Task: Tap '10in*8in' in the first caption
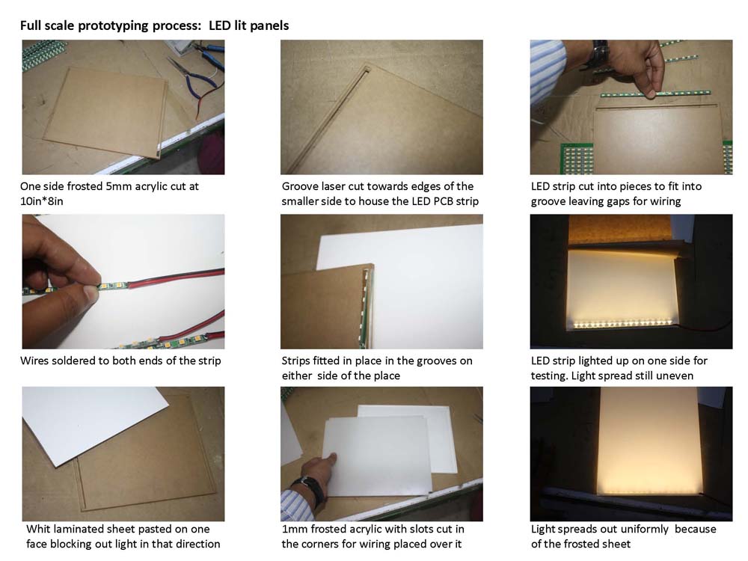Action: coord(41,201)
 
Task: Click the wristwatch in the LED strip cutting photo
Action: coord(600,55)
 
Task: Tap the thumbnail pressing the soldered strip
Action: coord(91,293)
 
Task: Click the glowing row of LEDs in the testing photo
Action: coord(622,323)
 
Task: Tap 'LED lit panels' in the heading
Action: coord(248,25)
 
